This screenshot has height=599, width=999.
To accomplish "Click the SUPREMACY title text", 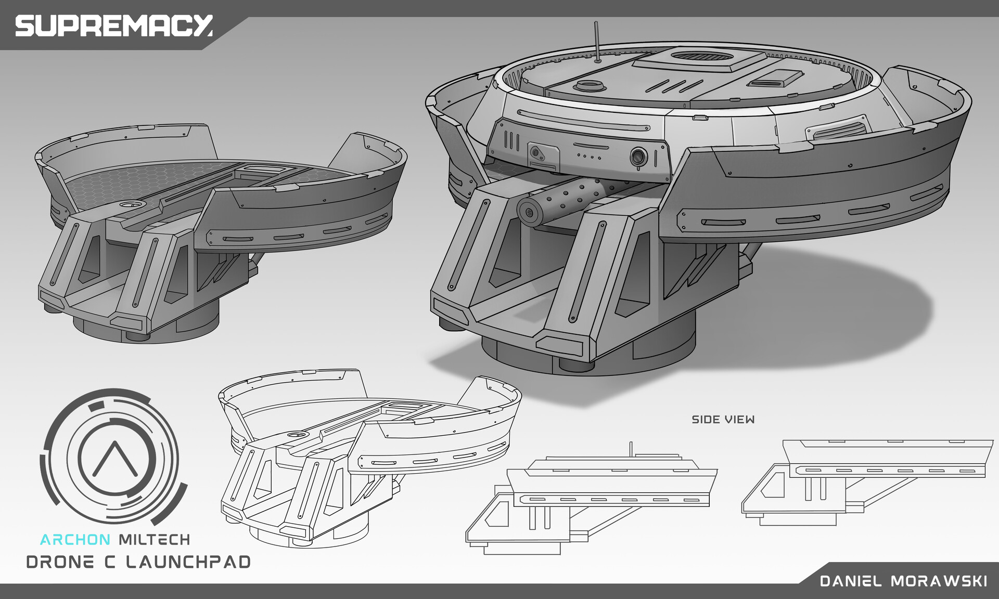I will (113, 25).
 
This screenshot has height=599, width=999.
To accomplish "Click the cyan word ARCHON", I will (75, 540).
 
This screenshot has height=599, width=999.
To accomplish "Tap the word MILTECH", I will (155, 540).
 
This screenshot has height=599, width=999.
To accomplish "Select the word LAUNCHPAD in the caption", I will (188, 562).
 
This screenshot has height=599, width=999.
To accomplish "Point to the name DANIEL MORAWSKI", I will (903, 581).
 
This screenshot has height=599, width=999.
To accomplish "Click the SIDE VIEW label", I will (723, 420).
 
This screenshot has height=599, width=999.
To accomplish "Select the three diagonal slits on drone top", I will (675, 86).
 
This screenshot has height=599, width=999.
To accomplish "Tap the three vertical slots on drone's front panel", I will (512, 140).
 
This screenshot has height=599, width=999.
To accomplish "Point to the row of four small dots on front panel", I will (589, 156).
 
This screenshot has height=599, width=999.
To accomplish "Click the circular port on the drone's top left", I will (590, 85).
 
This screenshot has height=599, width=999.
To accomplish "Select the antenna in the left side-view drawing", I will (631, 449).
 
